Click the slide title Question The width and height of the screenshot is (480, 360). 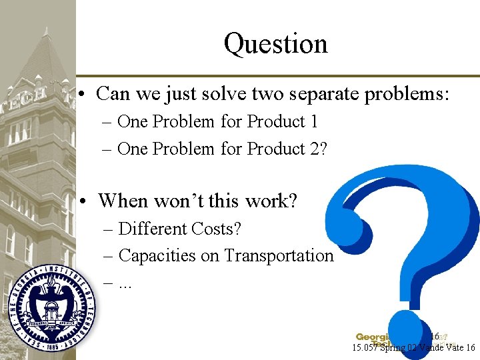[275, 44]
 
